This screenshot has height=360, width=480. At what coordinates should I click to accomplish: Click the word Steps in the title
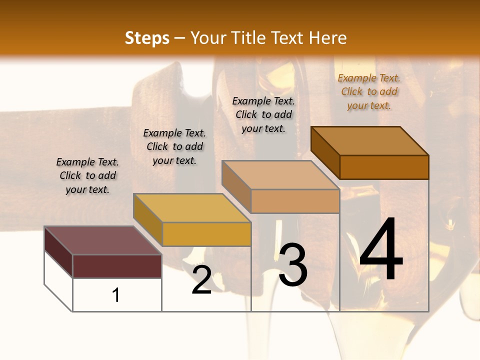(x=147, y=38)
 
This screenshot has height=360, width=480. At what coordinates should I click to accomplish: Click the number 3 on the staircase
(x=293, y=265)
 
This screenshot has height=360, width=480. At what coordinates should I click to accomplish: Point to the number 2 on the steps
(x=201, y=280)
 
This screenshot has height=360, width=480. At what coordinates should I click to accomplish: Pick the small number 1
(x=116, y=295)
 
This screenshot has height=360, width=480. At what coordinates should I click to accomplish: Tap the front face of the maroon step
(x=117, y=266)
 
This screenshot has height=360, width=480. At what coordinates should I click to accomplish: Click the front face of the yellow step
(x=206, y=234)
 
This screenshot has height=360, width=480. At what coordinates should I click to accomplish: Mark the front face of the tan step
(x=295, y=201)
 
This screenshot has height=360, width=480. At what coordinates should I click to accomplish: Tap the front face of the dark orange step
(x=384, y=167)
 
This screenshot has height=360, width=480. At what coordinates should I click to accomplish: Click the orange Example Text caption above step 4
(x=369, y=92)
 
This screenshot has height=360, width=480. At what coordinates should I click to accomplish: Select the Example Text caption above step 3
(x=263, y=114)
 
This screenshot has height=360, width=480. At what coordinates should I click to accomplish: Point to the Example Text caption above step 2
(x=174, y=146)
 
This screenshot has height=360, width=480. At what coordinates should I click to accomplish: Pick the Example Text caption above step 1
(x=87, y=175)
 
